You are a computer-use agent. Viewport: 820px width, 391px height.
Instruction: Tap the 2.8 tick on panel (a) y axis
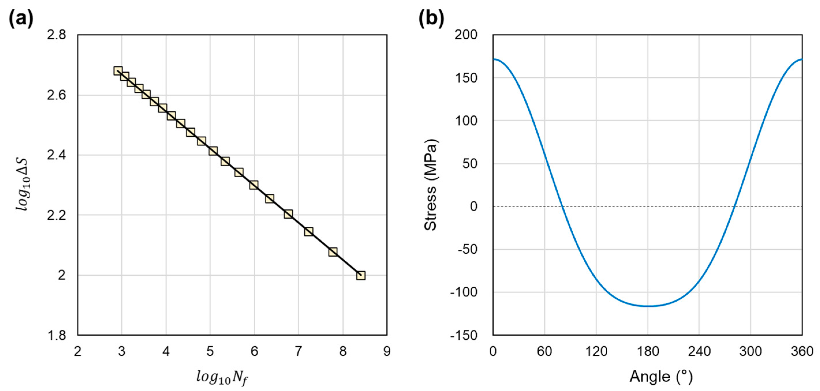click(x=56, y=35)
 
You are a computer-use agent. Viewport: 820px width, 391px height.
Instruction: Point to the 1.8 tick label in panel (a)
click(x=56, y=335)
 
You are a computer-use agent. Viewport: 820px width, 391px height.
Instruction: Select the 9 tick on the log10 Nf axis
click(x=387, y=351)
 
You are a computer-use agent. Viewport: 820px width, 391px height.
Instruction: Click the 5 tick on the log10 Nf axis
click(x=210, y=351)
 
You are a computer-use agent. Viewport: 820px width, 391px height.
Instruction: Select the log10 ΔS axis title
click(x=24, y=185)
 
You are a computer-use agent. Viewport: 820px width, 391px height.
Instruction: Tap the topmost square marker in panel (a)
click(x=118, y=71)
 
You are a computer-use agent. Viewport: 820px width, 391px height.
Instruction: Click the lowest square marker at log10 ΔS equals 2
click(x=361, y=275)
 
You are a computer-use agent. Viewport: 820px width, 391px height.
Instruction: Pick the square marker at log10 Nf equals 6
click(x=254, y=185)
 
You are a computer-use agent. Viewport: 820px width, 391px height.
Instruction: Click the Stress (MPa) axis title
click(x=431, y=185)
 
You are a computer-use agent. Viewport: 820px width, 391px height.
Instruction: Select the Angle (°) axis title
click(x=661, y=377)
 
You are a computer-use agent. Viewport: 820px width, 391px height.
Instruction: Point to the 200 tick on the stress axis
click(x=466, y=35)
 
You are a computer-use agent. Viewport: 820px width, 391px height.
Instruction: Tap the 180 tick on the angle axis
click(x=648, y=351)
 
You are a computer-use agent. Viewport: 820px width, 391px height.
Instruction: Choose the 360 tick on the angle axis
click(x=802, y=351)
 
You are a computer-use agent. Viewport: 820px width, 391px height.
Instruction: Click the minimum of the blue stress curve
click(x=648, y=306)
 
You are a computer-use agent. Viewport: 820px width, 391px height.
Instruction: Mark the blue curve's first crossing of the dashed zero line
click(x=562, y=206)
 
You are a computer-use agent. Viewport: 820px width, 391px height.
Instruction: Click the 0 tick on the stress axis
click(x=474, y=206)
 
